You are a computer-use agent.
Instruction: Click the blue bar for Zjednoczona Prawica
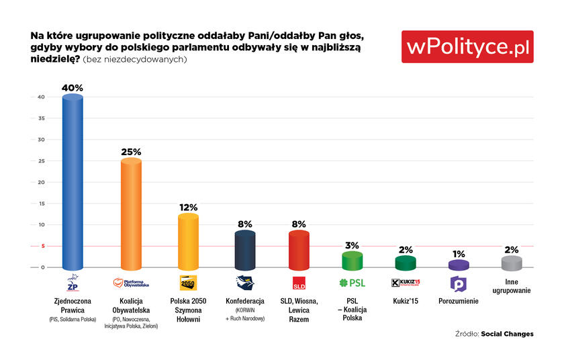pos(73,181)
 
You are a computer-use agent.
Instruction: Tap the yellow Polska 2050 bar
pos(188,240)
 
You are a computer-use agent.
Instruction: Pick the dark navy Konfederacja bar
pos(245,250)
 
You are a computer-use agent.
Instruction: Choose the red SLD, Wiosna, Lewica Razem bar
pos(299,250)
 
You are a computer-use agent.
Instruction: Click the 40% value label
pos(73,88)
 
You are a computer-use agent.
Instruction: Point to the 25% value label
pos(131,152)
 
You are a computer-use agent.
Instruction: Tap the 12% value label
pos(188,208)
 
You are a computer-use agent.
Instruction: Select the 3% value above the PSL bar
pos(352,245)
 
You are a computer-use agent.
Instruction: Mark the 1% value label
pos(459,254)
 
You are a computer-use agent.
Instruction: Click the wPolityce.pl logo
pos(467,46)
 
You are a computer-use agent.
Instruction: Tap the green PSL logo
pos(352,283)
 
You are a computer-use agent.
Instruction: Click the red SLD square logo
pos(299,283)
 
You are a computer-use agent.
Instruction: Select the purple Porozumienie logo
pos(459,283)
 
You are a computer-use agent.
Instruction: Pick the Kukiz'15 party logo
pos(405,283)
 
